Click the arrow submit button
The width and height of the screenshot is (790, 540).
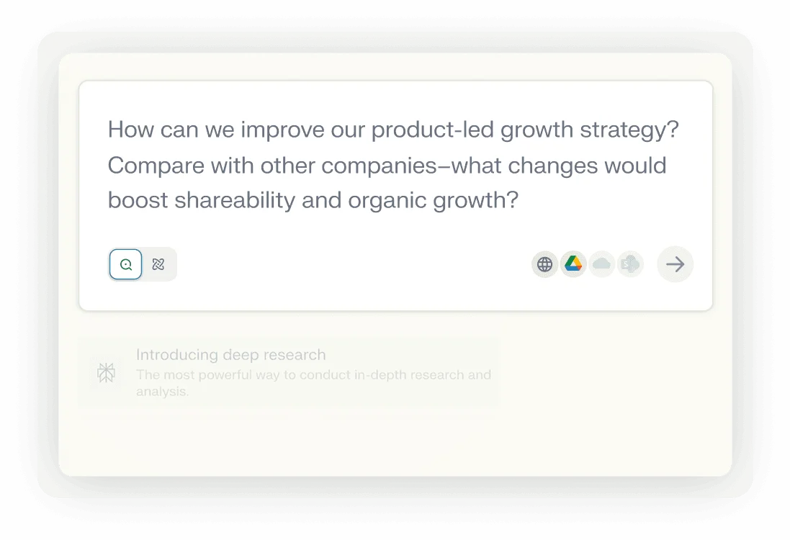[675, 264]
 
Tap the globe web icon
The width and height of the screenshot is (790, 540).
[545, 264]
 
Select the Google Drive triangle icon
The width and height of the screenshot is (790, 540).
[573, 264]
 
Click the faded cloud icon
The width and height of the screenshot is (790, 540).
[601, 264]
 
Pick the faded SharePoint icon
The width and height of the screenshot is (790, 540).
[630, 264]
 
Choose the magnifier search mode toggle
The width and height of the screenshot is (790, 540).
[126, 264]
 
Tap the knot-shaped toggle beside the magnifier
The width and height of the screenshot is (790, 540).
[158, 264]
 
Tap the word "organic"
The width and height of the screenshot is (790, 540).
[387, 200]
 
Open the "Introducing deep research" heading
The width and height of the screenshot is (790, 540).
[230, 354]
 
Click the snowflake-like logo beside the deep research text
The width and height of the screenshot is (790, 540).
[107, 372]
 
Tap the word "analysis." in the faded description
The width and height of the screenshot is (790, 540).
[162, 392]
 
